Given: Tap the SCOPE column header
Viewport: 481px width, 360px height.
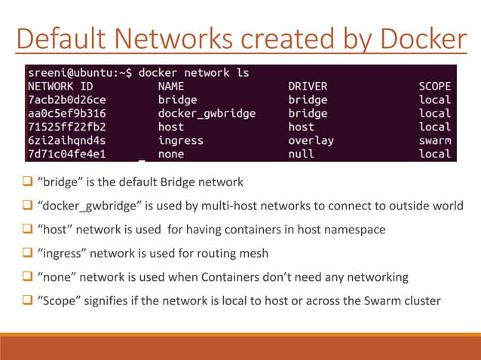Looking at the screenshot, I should (435, 87).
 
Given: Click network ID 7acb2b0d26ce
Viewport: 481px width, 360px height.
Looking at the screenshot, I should (67, 100).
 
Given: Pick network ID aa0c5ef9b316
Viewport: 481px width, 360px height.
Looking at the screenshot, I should (67, 114).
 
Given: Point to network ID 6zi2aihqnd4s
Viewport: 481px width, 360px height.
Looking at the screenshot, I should (67, 141).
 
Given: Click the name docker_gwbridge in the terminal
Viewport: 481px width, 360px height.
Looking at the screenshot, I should (207, 114).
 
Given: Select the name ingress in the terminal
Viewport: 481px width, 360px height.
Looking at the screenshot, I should (181, 141).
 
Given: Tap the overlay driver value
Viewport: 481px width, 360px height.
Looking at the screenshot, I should (311, 141).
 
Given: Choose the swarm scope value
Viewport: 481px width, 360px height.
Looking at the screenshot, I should (435, 141).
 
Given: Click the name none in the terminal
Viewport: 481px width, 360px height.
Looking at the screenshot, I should (171, 154).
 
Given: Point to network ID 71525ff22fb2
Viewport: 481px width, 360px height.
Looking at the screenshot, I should (67, 127).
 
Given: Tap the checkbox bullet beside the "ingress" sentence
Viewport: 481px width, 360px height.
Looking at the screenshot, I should (27, 253).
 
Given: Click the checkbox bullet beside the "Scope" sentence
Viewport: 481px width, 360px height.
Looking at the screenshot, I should (27, 301).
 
